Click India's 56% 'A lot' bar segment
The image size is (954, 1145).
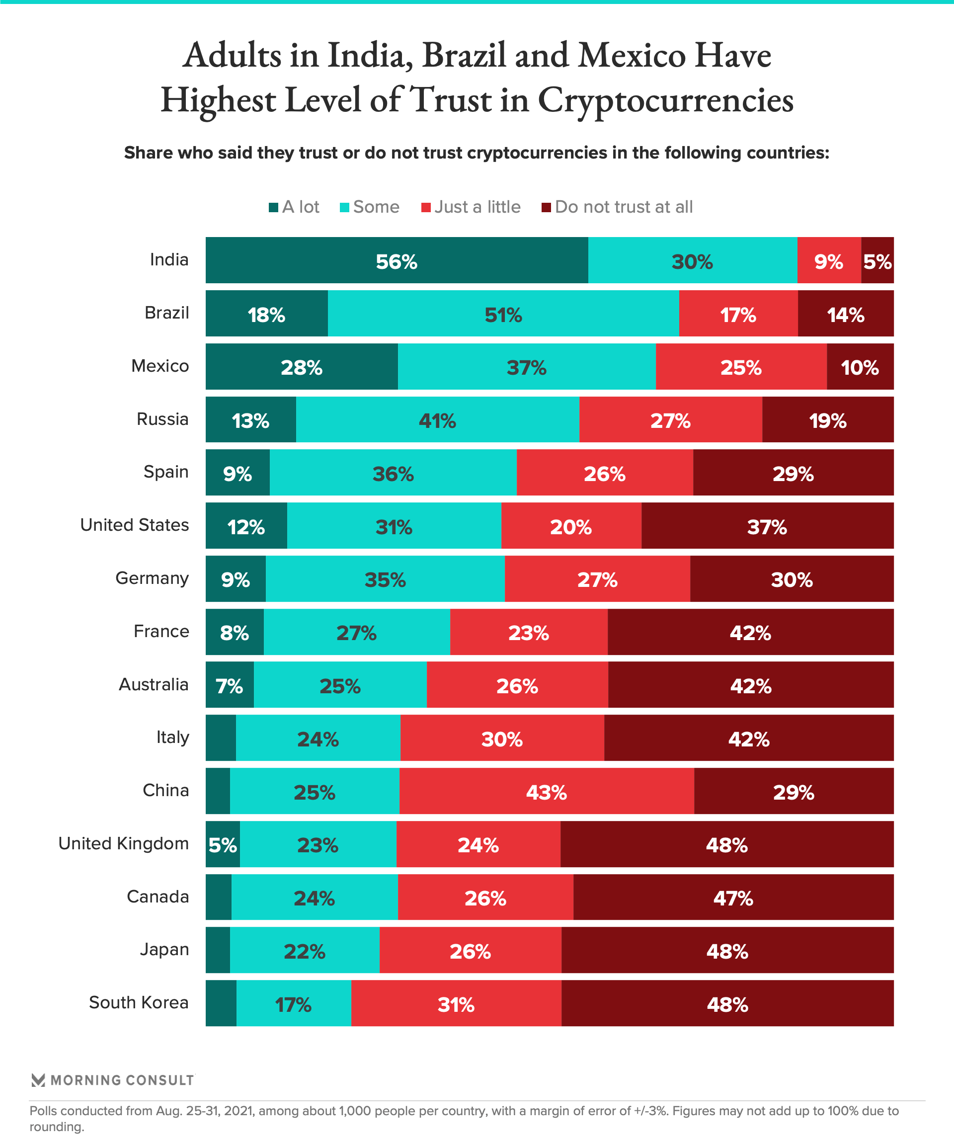coord(397,260)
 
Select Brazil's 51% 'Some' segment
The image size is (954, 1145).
coord(503,314)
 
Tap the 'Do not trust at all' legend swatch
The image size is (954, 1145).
coord(546,208)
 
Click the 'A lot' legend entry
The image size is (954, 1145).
coord(294,207)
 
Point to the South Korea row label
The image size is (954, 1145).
coord(139,1002)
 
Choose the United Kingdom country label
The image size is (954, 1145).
coord(123,843)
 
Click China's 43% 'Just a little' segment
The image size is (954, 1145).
coord(546,791)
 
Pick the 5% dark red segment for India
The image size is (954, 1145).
coord(877,260)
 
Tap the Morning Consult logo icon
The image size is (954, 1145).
coord(38,1080)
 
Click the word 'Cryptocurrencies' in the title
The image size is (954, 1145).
coord(665,101)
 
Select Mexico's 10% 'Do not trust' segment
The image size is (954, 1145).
coord(860,366)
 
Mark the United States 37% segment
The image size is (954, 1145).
coord(767,526)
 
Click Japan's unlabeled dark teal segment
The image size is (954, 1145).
coord(218,950)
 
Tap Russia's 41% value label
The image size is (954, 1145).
coord(437,420)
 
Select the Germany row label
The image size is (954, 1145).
coord(152,578)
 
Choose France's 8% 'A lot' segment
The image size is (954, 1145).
coord(235,632)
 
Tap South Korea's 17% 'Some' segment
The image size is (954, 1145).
coord(293,1003)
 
